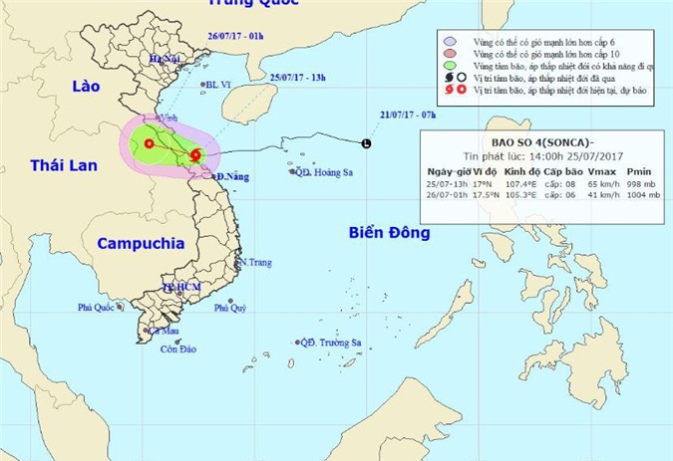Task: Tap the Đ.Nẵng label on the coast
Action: click(x=231, y=176)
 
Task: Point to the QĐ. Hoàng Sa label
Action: click(x=320, y=171)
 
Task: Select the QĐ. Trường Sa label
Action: click(x=331, y=344)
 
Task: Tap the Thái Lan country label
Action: click(x=64, y=165)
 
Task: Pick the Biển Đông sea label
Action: click(x=389, y=232)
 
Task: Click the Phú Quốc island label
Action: click(x=100, y=308)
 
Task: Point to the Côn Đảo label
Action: click(x=175, y=348)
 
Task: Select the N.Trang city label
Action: click(x=255, y=262)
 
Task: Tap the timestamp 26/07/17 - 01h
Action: click(x=229, y=36)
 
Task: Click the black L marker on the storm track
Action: click(x=366, y=144)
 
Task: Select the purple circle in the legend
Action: click(x=450, y=41)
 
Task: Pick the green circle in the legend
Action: click(x=450, y=65)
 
